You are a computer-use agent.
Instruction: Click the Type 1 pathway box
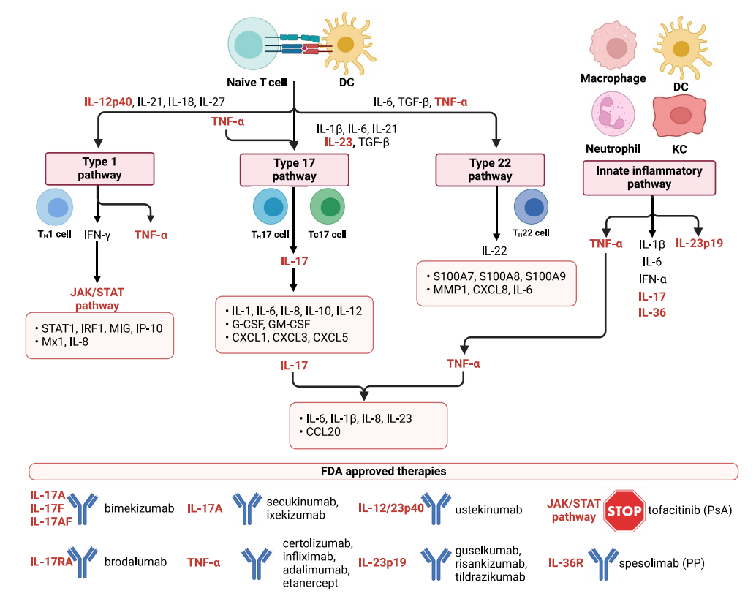tap(100, 169)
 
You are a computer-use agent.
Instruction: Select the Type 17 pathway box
tap(294, 170)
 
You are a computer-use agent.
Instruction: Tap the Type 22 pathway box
tap(490, 170)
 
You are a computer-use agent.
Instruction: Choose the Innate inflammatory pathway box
tap(649, 178)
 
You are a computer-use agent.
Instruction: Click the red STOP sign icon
tap(624, 511)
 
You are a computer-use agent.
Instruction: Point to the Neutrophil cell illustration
tap(613, 115)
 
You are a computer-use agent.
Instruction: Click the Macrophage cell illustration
tap(613, 46)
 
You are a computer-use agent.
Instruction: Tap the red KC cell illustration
tap(679, 116)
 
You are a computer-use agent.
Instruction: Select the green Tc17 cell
tap(328, 206)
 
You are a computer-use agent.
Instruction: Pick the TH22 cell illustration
tap(532, 207)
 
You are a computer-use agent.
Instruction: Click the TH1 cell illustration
tap(55, 207)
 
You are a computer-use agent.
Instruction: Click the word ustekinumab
tap(488, 510)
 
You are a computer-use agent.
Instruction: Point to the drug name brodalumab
tap(135, 562)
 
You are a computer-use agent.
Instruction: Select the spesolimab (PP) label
tap(662, 563)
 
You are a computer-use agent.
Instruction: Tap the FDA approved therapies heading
tap(384, 471)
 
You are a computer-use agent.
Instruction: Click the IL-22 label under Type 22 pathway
tap(494, 251)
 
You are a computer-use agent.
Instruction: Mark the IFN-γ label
tap(97, 235)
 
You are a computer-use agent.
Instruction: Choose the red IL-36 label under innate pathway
tap(652, 312)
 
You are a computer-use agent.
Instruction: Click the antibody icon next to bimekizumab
tap(83, 509)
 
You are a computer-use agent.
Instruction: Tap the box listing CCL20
tap(368, 426)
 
